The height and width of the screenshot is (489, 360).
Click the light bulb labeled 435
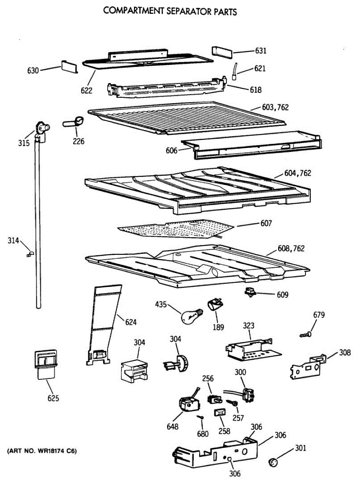coord(191,316)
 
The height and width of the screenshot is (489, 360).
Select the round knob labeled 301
coord(273,462)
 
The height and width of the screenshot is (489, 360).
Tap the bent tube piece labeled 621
coord(235,70)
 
